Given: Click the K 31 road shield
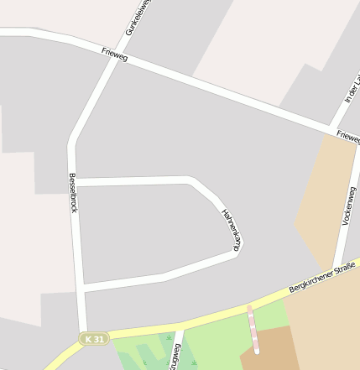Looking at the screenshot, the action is click(x=95, y=338).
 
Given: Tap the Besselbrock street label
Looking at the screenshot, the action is click(x=74, y=193).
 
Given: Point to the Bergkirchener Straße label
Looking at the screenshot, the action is click(x=322, y=277).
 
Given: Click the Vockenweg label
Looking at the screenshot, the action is click(x=348, y=206).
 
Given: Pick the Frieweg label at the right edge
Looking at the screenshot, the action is click(x=347, y=135).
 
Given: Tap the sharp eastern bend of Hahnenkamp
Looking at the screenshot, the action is click(x=237, y=250).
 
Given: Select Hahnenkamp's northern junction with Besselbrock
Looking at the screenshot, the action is click(x=76, y=181).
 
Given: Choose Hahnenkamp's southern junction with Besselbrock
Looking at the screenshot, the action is click(x=81, y=287).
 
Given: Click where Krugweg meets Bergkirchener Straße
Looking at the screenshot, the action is click(x=180, y=324).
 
